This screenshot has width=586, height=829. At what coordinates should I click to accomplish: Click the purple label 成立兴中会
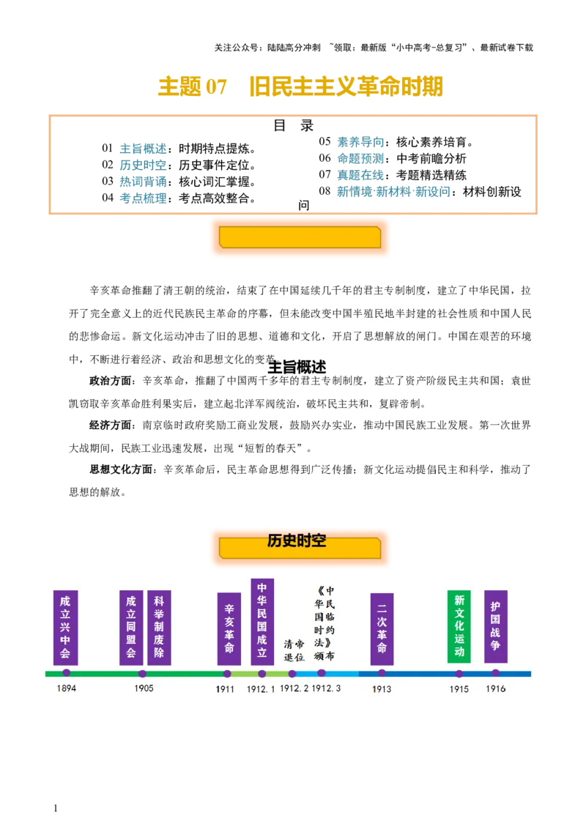(x=66, y=628)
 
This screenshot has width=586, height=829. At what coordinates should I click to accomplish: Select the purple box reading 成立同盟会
(x=131, y=628)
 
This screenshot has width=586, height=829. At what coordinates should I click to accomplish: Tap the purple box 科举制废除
(x=159, y=628)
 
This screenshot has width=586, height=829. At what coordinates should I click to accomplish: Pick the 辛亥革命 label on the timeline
(x=229, y=628)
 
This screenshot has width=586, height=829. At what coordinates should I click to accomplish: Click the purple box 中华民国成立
(x=262, y=620)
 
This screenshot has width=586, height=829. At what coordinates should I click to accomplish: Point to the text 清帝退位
(x=294, y=650)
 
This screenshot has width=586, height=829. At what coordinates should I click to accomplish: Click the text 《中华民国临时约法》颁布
(x=324, y=623)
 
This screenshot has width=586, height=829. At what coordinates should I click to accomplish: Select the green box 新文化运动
(x=459, y=626)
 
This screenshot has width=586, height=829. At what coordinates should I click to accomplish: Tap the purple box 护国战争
(x=496, y=626)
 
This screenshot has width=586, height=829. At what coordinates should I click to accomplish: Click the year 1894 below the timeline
(x=66, y=688)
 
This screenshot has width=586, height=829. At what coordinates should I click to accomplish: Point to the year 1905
(x=144, y=688)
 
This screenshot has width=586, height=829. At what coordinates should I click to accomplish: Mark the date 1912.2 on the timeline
(x=294, y=688)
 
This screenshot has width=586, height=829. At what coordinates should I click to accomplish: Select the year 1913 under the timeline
(x=382, y=689)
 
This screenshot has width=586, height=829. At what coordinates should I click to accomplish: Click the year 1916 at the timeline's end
(x=496, y=688)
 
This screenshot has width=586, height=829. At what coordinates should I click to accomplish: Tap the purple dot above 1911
(x=227, y=674)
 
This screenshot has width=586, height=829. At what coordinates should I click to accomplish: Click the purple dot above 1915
(x=459, y=674)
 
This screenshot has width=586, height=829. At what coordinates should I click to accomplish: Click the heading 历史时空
(x=297, y=541)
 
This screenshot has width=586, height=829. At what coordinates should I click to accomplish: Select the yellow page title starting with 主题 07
(x=300, y=86)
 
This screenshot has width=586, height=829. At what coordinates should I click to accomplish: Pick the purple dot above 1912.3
(x=322, y=673)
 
